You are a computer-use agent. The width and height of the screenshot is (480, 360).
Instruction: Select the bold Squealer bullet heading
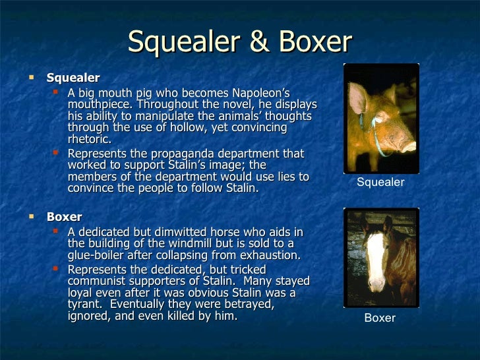pyautogui.click(x=73, y=78)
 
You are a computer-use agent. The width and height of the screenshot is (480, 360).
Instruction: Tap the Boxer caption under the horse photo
pyautogui.click(x=380, y=318)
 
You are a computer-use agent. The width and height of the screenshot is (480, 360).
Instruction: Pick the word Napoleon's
pyautogui.click(x=258, y=92)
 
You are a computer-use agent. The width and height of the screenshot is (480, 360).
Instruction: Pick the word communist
pyautogui.click(x=103, y=282)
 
